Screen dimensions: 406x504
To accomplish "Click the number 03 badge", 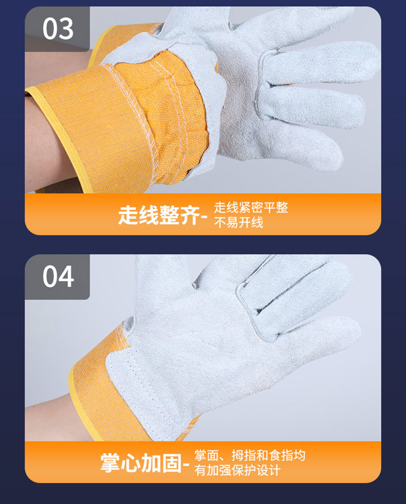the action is click(57, 29).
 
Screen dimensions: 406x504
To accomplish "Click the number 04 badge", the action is click(57, 277).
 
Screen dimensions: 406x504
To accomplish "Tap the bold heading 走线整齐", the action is click(159, 215).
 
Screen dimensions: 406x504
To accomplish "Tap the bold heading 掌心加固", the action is click(141, 463).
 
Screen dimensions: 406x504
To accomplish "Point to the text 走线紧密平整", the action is click(251, 208).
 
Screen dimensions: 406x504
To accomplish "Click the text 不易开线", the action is click(238, 222).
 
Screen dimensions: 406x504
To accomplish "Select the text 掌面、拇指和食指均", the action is click(250, 455).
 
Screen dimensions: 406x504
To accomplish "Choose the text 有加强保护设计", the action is click(237, 470).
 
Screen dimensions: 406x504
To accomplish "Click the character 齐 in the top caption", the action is click(190, 215).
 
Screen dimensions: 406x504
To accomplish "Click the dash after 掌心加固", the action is click(186, 464).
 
